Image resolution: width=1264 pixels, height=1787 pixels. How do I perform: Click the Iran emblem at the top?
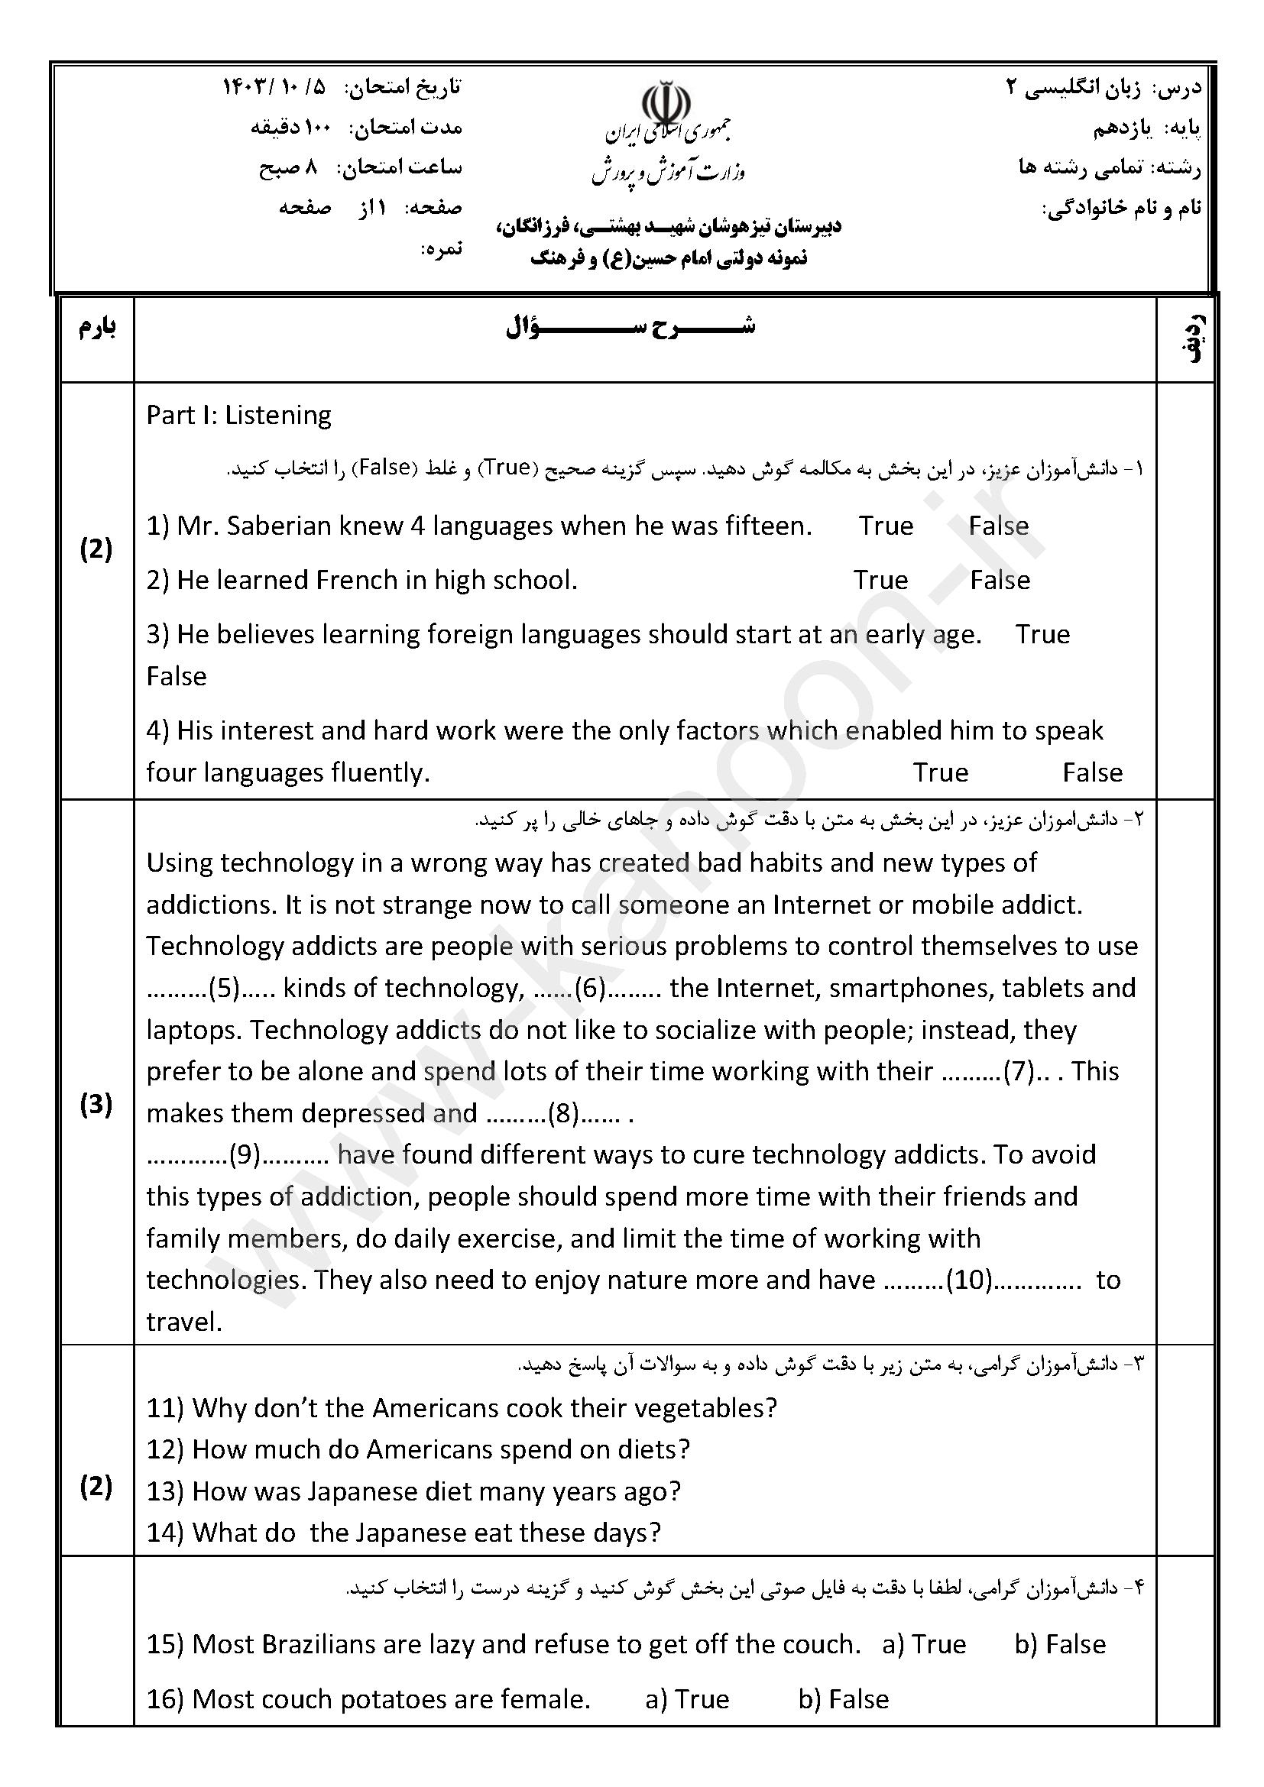pos(666,102)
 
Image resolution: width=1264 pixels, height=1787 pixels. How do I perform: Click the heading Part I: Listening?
pos(238,415)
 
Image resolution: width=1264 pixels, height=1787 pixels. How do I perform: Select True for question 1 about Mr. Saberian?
pos(886,526)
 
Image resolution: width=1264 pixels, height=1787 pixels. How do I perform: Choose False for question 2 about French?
pos(1000,580)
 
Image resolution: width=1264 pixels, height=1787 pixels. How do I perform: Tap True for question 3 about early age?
pos(1042,634)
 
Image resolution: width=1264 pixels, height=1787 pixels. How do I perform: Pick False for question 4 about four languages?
pos(1092,772)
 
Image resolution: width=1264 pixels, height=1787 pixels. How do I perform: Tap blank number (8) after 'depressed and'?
pos(562,1114)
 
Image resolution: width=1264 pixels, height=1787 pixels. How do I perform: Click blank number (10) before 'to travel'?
pos(969,1280)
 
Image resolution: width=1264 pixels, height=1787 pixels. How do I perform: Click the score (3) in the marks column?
pos(96,1105)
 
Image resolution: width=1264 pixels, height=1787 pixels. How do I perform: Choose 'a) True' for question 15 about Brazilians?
pos(924,1644)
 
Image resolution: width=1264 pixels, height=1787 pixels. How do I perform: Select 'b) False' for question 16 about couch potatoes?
pos(843,1698)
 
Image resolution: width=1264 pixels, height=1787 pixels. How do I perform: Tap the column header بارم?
pos(97,328)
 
